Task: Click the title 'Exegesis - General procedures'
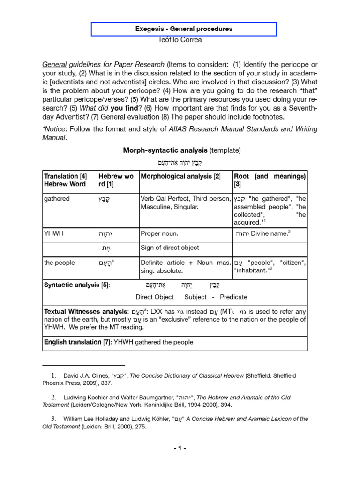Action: pyautogui.click(x=184, y=29)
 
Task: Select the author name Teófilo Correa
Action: pyautogui.click(x=181, y=40)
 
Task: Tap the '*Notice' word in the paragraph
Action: pyautogui.click(x=55, y=128)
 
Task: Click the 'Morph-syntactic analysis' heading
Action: pyautogui.click(x=165, y=150)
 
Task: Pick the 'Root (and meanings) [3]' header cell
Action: pyautogui.click(x=270, y=180)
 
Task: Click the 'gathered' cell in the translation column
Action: pyautogui.click(x=57, y=199)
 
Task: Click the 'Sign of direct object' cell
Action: pyautogui.click(x=170, y=247)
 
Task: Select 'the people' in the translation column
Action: pyautogui.click(x=59, y=262)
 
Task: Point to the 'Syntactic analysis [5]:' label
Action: pyautogui.click(x=76, y=285)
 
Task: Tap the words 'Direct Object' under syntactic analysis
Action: pyautogui.click(x=155, y=297)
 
